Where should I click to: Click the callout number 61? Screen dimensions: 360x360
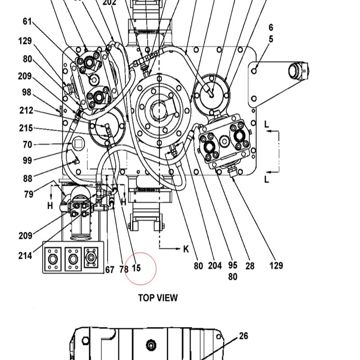click(x=27, y=21)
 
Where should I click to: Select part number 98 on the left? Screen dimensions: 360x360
click(x=27, y=92)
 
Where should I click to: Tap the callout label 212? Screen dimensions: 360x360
click(x=27, y=110)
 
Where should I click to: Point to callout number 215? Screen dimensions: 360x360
click(x=26, y=128)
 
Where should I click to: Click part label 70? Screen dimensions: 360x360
click(x=27, y=144)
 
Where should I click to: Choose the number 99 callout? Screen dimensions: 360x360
click(x=27, y=160)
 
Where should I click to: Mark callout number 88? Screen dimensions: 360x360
click(x=28, y=178)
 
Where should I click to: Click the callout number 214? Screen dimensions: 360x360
click(x=25, y=256)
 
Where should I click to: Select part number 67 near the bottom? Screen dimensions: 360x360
click(x=110, y=270)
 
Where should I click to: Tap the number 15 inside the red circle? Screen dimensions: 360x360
click(x=136, y=268)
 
